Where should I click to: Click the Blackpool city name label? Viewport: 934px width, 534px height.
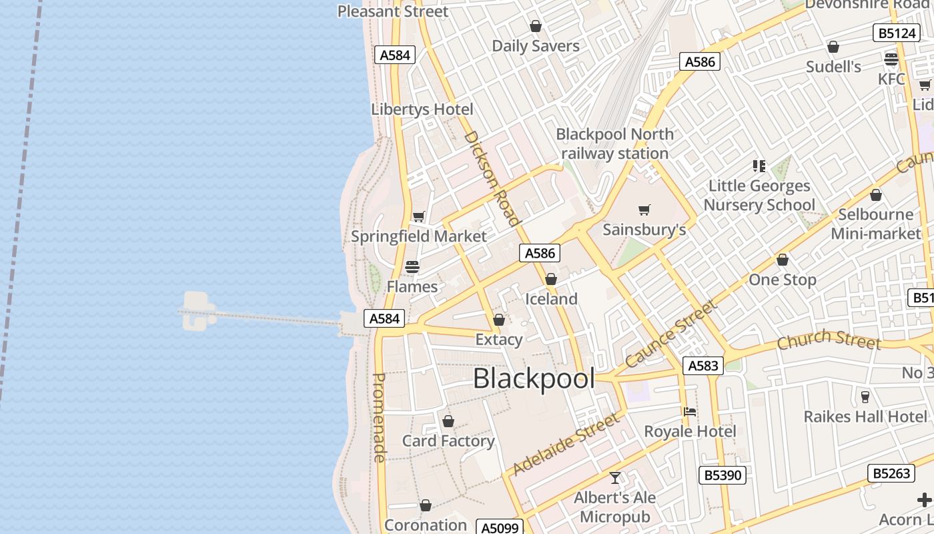[534, 379]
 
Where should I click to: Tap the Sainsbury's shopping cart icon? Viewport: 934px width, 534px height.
[644, 210]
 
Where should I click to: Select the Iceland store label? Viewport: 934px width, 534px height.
[551, 298]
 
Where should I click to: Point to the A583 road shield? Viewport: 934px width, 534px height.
[703, 365]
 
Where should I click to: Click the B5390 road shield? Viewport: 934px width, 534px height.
[722, 475]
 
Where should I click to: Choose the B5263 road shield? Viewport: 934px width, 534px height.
[891, 473]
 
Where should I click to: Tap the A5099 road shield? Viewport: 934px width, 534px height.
[500, 528]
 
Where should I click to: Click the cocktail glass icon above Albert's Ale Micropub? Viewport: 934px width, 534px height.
[615, 478]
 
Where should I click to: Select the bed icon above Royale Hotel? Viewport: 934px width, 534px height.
[690, 412]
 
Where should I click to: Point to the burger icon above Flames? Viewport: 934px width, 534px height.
[412, 267]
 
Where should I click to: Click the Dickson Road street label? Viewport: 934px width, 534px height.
[491, 178]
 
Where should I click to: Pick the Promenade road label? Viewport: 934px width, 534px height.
[378, 417]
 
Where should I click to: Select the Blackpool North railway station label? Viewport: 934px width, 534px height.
[614, 144]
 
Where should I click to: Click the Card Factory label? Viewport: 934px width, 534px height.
[448, 441]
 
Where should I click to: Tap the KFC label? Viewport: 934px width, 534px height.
[891, 79]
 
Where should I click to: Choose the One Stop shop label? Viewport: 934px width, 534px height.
[783, 280]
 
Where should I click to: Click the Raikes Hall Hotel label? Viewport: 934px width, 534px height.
[865, 417]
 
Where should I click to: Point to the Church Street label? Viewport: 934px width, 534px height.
[829, 340]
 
